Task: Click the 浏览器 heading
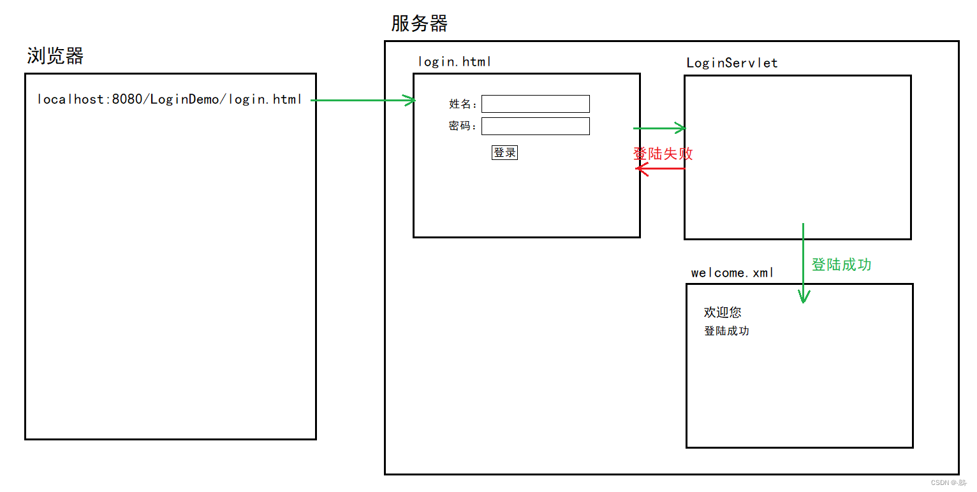click(55, 56)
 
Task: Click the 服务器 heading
click(419, 24)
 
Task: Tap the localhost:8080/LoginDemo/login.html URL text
click(170, 99)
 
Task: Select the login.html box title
click(454, 62)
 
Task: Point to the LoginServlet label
click(731, 63)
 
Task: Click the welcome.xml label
click(732, 273)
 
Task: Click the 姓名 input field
click(535, 104)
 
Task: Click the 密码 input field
click(535, 126)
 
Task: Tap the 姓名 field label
click(462, 105)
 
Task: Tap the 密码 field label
click(462, 126)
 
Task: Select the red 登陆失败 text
click(663, 154)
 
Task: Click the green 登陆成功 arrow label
click(841, 264)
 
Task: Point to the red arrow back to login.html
click(660, 169)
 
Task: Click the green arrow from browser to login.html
click(363, 100)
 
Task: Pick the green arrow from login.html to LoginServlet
click(659, 129)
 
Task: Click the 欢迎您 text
click(723, 312)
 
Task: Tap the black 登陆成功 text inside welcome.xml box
click(726, 331)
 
